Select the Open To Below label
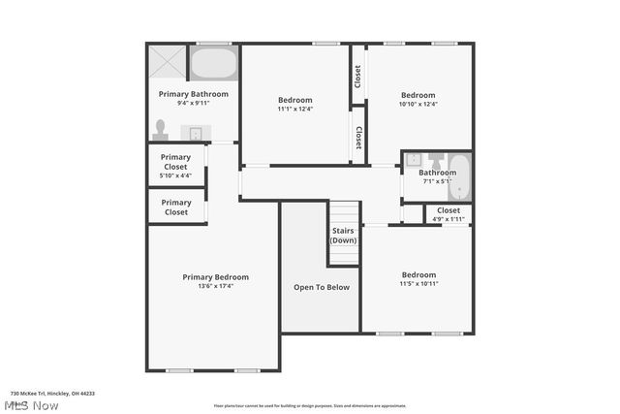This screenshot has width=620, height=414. point(322,287)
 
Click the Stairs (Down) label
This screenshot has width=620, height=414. point(343,236)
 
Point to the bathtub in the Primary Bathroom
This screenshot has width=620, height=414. point(214,64)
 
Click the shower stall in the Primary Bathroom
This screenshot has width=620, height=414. point(167,62)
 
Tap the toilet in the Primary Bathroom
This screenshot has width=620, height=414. point(160,130)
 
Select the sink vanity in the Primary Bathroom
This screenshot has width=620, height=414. point(196,133)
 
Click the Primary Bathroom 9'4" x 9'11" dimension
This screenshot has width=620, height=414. point(194,103)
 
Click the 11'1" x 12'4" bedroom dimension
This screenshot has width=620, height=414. point(295,109)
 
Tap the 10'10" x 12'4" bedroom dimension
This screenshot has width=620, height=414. point(418,104)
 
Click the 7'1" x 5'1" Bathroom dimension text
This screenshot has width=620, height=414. point(437,181)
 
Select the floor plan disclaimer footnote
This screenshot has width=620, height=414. point(310,405)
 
